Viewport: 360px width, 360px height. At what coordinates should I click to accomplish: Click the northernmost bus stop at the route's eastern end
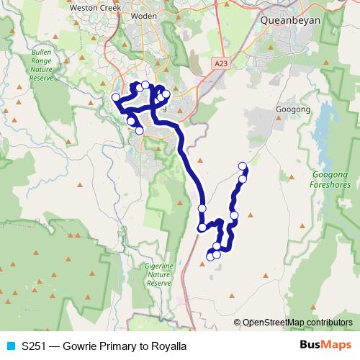pyautogui.click(x=243, y=166)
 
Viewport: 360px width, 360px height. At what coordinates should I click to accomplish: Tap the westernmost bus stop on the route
pyautogui.click(x=115, y=98)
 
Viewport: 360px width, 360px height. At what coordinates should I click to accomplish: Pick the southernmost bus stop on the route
pyautogui.click(x=210, y=256)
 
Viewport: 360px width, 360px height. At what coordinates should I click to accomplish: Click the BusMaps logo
pyautogui.click(x=326, y=346)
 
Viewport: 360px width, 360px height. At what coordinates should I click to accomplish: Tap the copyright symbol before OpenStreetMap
pyautogui.click(x=238, y=322)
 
